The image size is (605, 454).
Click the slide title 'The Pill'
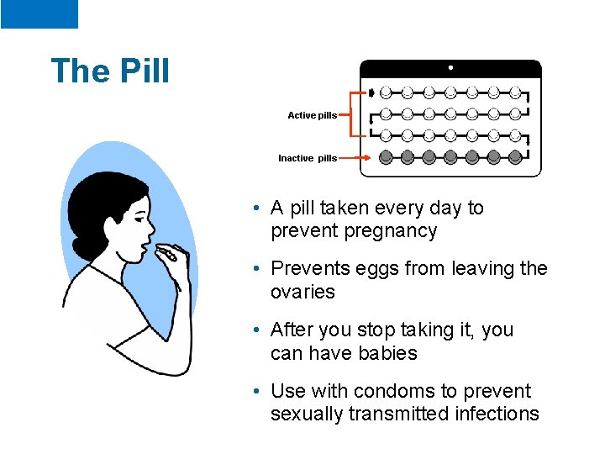(x=110, y=71)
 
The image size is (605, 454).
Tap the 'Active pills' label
(x=312, y=115)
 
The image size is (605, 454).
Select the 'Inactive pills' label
(x=308, y=157)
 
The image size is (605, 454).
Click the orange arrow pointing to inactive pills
(x=354, y=157)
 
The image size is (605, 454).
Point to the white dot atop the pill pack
(x=450, y=67)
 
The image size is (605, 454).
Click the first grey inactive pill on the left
(x=386, y=156)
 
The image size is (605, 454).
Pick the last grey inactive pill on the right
(x=515, y=156)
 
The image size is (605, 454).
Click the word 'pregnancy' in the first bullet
(x=397, y=231)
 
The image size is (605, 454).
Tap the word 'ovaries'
(x=302, y=293)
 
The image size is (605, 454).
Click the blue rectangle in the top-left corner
(x=39, y=14)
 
